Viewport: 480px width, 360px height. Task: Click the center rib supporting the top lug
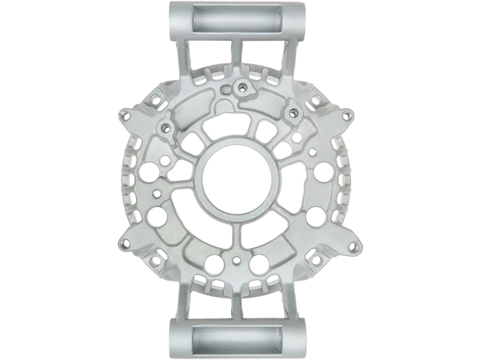240,56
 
